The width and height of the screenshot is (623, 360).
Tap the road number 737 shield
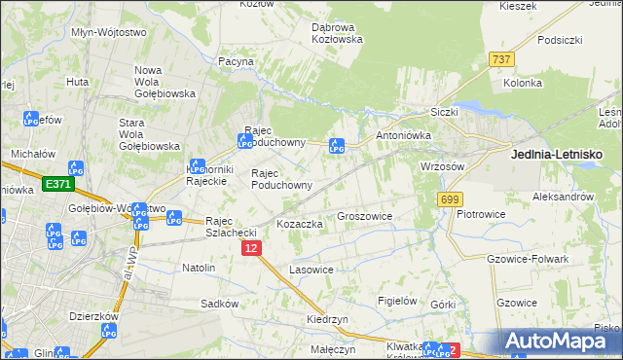point(502,59)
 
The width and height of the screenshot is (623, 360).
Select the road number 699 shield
point(449,199)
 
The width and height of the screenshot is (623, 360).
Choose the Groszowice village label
point(364,216)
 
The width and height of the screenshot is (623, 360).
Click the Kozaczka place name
point(300,224)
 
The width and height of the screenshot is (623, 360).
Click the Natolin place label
point(199,266)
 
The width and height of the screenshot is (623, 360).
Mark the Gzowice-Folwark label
point(527,259)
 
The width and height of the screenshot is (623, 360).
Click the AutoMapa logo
point(564,341)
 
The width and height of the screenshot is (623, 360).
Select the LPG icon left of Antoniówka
point(337,146)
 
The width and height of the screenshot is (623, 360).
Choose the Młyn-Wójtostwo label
point(109,32)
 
